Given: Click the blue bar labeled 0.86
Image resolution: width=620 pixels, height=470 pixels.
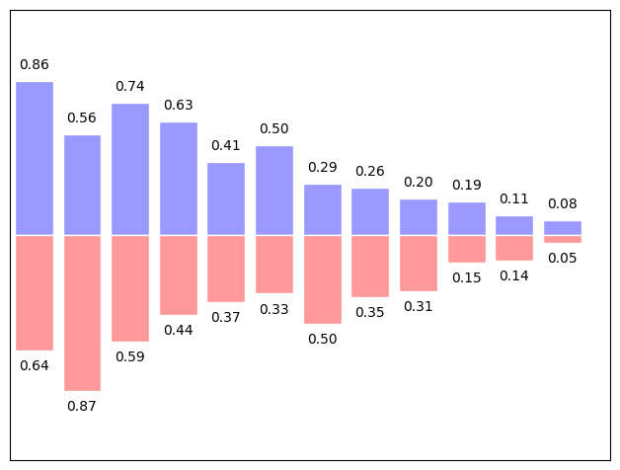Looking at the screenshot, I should click(x=35, y=158).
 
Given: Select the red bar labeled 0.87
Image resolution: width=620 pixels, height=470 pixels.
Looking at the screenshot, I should click(x=82, y=312).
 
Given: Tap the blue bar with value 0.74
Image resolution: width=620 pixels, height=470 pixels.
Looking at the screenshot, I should click(x=130, y=169).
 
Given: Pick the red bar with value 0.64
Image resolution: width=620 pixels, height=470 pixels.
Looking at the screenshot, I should click(x=35, y=292).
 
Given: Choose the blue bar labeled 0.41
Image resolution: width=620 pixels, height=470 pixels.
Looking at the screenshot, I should click(x=226, y=198).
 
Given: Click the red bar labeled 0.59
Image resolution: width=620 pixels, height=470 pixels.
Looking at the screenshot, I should click(x=130, y=287).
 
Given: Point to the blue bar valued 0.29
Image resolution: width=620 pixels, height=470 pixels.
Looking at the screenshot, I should click(x=322, y=209).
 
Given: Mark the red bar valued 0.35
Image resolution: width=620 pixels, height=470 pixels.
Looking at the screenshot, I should click(x=370, y=266).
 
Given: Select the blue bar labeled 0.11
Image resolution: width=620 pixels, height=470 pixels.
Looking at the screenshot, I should click(x=514, y=225).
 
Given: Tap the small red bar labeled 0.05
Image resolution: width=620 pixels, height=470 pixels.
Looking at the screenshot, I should click(x=563, y=239).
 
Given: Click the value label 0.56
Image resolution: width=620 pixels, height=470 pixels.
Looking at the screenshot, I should click(x=82, y=117).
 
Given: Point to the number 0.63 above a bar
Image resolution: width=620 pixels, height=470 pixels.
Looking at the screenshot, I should click(x=179, y=105).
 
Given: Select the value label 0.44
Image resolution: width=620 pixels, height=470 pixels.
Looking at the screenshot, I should click(x=179, y=330).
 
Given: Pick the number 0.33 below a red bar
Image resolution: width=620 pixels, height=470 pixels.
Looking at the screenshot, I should click(x=274, y=309).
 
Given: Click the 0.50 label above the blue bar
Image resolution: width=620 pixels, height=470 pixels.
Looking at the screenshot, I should click(x=274, y=128).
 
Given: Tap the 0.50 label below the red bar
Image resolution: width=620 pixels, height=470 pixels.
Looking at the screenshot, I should click(x=322, y=339).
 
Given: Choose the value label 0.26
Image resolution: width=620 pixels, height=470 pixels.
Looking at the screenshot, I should click(x=370, y=171).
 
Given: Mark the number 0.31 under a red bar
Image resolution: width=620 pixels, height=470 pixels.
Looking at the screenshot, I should click(x=419, y=306).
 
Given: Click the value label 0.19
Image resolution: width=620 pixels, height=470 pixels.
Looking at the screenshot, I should click(x=467, y=185).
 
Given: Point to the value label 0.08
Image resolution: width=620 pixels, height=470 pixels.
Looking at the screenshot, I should click(x=563, y=204).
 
